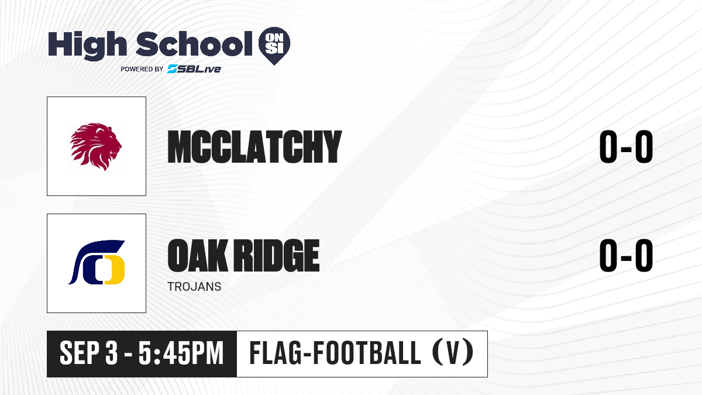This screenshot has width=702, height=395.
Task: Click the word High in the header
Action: [x=87, y=45]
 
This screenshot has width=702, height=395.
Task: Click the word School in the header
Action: [x=194, y=43]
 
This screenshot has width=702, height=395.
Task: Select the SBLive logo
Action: [x=194, y=68]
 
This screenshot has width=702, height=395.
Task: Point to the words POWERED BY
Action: [x=142, y=69]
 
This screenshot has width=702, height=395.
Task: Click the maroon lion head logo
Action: [x=96, y=147]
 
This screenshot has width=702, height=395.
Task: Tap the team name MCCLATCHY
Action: [x=254, y=147]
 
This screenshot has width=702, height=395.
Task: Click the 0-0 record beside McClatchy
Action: [x=626, y=146]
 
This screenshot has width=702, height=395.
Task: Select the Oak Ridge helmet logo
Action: [x=97, y=262]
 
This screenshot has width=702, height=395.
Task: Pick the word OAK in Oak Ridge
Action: [x=198, y=255]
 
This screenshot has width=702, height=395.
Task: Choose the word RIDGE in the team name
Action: [x=277, y=255]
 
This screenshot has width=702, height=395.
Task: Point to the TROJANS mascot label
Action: [x=194, y=287]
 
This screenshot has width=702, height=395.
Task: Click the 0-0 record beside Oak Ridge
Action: [x=626, y=255]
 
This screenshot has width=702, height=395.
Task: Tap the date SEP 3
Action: [x=89, y=353]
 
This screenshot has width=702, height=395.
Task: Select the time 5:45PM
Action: [x=181, y=353]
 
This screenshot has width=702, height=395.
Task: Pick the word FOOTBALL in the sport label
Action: [x=367, y=353]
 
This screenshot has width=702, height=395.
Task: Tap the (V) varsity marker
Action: [x=453, y=353]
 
